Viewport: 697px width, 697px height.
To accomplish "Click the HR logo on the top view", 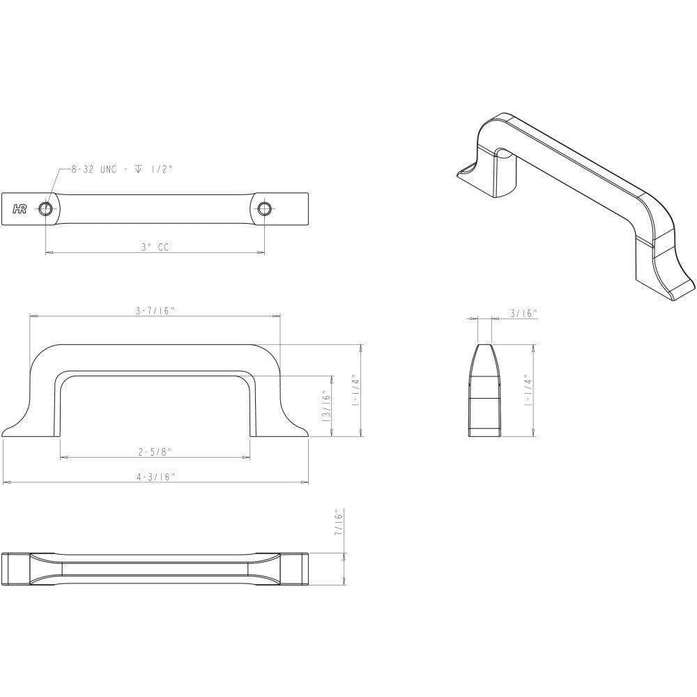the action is click(20, 209).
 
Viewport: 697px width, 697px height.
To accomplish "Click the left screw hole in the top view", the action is click(45, 208).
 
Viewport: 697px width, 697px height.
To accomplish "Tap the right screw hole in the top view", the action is click(264, 208).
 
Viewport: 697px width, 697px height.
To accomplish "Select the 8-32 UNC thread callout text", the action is click(122, 169).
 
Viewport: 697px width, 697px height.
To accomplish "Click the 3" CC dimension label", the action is click(155, 247).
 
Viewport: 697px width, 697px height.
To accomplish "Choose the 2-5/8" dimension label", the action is click(155, 452).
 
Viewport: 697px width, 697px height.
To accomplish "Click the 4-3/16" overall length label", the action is click(155, 477).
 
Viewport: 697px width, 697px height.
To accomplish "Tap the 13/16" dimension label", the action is click(327, 406).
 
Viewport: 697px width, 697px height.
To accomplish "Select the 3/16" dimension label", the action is click(523, 314).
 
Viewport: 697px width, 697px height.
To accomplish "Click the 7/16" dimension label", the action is click(339, 522).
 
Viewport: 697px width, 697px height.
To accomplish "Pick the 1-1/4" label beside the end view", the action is click(528, 390).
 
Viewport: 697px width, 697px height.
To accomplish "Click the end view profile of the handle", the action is click(484, 390).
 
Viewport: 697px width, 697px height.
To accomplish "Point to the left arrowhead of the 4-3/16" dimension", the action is click(6, 482).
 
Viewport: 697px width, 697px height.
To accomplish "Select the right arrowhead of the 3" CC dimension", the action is click(261, 252).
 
